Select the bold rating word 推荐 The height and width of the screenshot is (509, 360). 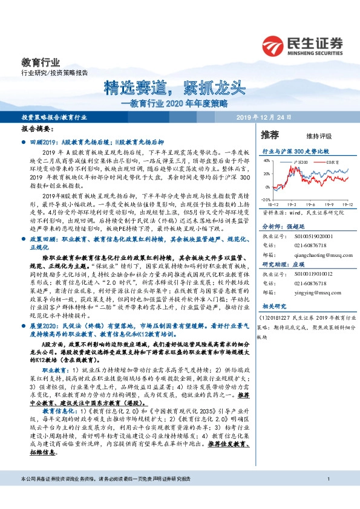coord(269,134)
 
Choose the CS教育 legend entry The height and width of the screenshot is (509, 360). coord(331,163)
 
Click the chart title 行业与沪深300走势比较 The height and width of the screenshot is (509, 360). coord(295,149)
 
